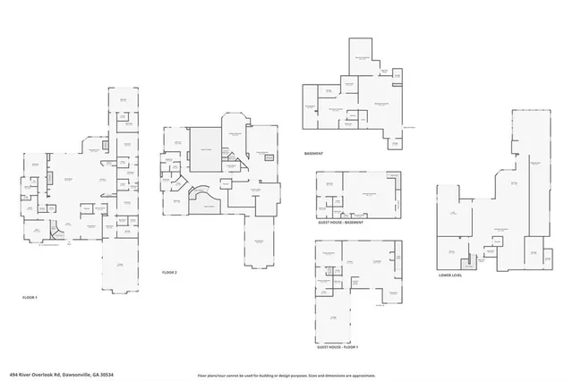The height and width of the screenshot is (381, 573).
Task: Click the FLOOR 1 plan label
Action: [x=30, y=297]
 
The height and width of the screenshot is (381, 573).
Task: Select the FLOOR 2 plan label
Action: [x=170, y=272]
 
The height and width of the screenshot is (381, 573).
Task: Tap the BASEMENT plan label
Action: [x=313, y=154]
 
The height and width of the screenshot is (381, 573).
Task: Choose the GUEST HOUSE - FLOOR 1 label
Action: [x=337, y=347]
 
